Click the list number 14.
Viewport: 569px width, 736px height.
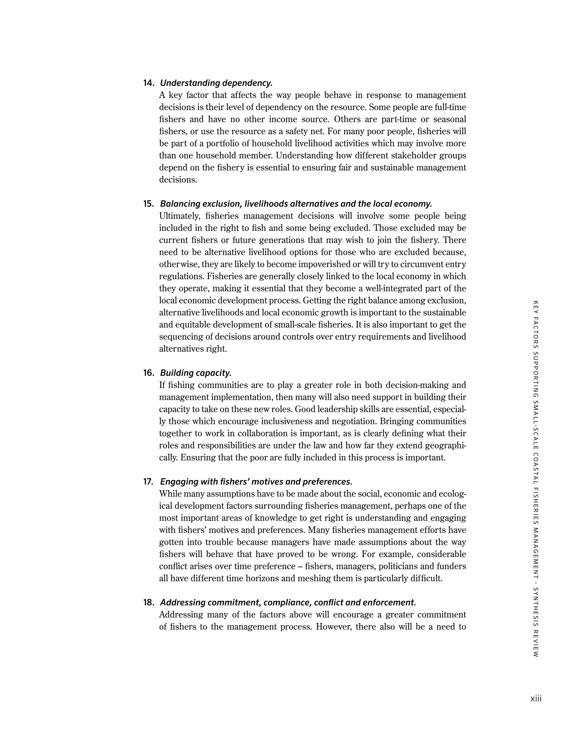[x=148, y=83]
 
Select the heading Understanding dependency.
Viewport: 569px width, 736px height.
[x=216, y=83]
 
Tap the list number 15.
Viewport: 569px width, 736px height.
[x=148, y=204]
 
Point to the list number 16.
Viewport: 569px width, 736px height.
[x=148, y=373]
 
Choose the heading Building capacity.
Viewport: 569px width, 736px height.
[x=196, y=373]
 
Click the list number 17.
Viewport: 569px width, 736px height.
[x=148, y=482]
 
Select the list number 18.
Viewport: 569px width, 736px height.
[x=148, y=603]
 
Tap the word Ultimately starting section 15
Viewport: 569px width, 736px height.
[x=178, y=216]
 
